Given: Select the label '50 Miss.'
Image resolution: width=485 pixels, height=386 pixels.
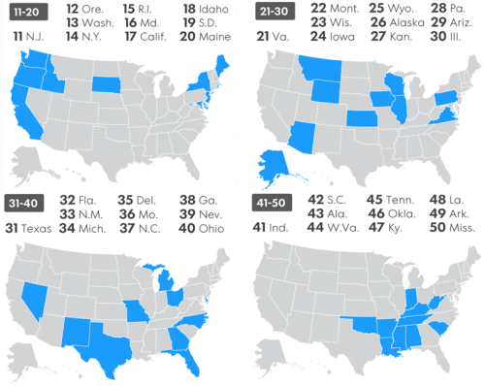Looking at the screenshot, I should pos(451,229).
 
